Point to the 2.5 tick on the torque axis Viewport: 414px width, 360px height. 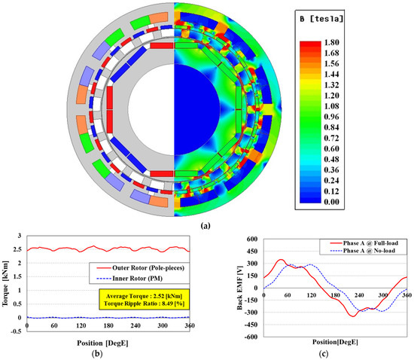pyautogui.click(x=20, y=249)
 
